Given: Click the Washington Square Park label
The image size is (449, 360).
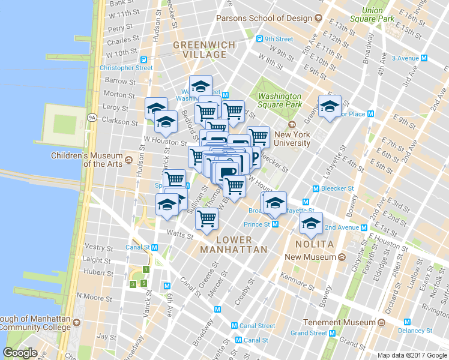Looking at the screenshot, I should (280, 100).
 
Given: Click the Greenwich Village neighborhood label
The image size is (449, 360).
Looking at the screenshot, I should (199, 50).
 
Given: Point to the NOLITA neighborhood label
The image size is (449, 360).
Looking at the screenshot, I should (314, 245).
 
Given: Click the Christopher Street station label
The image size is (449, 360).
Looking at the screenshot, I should (127, 68).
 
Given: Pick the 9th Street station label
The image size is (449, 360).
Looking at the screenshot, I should (280, 40).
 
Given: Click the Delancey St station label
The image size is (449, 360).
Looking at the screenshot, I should (416, 331).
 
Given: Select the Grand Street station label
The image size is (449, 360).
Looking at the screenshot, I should (308, 333).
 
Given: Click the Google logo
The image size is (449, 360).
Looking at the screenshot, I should (20, 353).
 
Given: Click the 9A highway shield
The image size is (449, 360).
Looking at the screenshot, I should (91, 118).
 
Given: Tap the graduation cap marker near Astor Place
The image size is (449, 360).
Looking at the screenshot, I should (329, 107).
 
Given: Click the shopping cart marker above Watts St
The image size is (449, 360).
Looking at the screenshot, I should (206, 220).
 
